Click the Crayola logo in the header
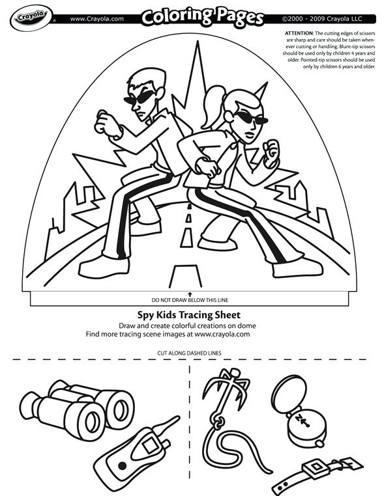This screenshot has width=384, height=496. coord(28,18)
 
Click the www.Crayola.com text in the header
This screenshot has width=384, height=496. coord(97,18)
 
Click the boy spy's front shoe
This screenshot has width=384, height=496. coord(104,266)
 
